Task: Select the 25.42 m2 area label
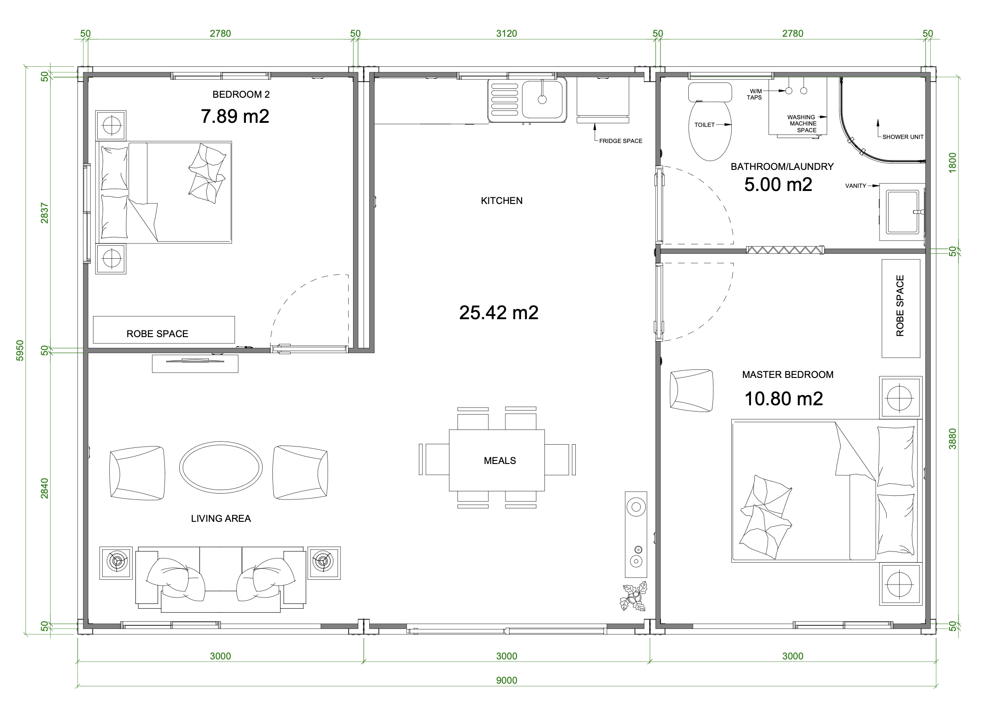[499, 312]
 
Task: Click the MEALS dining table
[497, 460]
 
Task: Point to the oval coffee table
[221, 467]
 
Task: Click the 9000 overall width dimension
[506, 681]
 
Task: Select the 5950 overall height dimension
[20, 350]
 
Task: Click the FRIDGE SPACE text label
[621, 141]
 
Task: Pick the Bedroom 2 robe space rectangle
[164, 330]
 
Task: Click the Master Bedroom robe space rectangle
[901, 308]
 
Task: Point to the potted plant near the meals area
[633, 597]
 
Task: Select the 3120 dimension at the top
[506, 34]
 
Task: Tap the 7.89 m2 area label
[235, 116]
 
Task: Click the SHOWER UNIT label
[903, 137]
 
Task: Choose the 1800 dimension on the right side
[952, 162]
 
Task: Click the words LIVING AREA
[221, 518]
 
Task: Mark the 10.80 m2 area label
[784, 399]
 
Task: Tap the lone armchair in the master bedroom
[691, 390]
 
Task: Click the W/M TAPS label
[755, 94]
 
